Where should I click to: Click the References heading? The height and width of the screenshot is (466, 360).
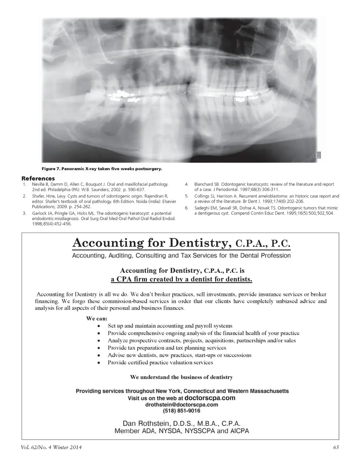coord(38,179)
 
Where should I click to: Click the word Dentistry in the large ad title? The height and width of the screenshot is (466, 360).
coord(198,243)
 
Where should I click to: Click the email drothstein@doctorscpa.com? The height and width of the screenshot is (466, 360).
coord(181,405)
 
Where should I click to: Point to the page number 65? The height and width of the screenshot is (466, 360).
coord(336,447)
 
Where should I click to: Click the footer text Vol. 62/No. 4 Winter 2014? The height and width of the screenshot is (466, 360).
coord(51,447)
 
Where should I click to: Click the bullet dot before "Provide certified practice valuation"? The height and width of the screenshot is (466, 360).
coord(99,363)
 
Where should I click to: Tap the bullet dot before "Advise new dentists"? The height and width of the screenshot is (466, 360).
coord(99,355)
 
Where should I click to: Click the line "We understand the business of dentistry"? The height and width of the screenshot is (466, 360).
coord(181,377)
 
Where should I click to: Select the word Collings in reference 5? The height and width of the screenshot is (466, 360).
coord(202,196)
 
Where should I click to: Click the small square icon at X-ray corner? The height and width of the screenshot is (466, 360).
coord(318,155)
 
